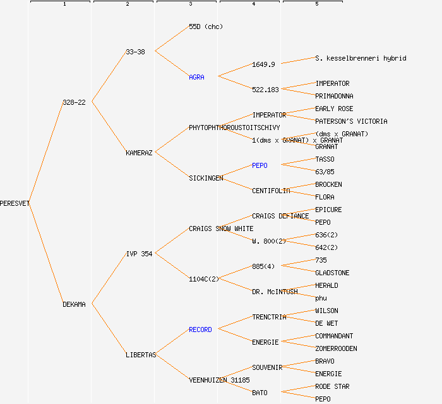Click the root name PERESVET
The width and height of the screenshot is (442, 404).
15,203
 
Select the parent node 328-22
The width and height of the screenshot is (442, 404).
74,102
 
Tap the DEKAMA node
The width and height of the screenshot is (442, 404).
74,304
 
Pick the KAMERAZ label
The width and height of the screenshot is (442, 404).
139,153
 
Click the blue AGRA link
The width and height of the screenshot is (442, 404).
196,77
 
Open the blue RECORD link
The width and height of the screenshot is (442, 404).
200,330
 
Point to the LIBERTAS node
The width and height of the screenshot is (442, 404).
141,355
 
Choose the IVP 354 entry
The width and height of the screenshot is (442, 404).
139,254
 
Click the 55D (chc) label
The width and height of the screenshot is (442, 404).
206,27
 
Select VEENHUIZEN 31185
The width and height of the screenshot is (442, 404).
219,380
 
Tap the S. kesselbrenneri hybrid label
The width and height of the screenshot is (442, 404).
361,58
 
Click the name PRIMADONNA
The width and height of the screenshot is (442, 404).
334,96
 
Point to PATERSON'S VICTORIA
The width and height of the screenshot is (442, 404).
351,121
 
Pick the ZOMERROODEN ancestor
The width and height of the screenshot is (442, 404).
336,348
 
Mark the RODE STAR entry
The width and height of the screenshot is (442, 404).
332,386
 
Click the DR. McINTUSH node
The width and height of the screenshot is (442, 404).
275,292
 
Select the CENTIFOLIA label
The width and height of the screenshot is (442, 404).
271,191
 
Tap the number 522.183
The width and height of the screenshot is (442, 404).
265,90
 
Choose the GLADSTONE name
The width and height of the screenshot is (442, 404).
332,273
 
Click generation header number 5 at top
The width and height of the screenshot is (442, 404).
317,4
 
